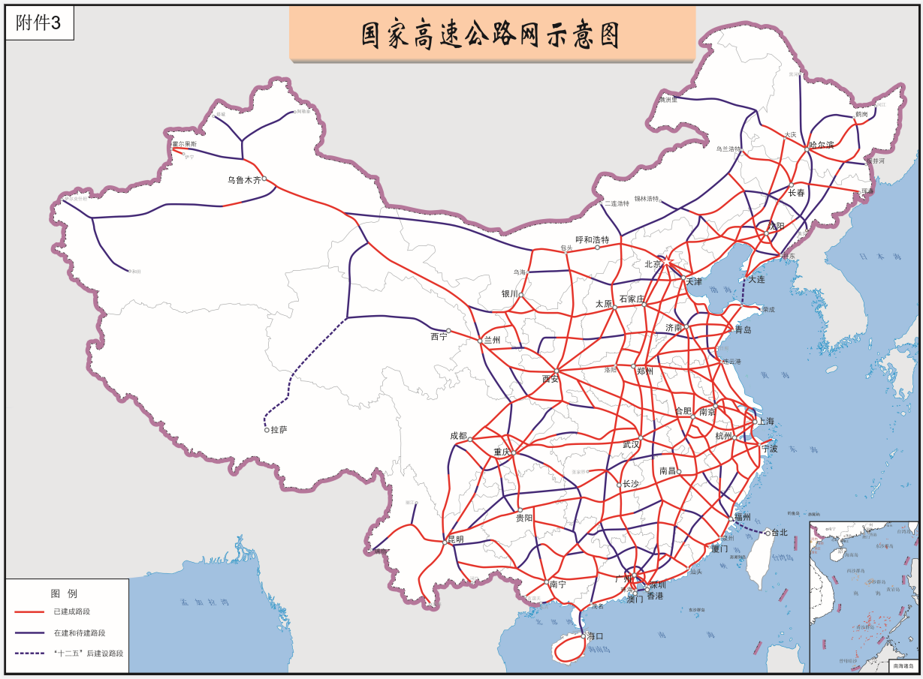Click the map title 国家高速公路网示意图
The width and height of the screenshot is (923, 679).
coord(492,35)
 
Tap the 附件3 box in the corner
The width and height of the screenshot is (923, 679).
coord(39,24)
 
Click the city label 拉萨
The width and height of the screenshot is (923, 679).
coord(279,430)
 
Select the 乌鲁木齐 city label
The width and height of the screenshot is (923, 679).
coord(244,180)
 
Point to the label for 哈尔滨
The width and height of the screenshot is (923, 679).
coord(822,144)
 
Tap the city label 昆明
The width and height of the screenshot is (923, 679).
coord(455,539)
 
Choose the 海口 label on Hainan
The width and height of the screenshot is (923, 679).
coord(596,636)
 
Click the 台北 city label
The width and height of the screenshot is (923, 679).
coord(780,533)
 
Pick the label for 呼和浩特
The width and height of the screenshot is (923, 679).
coord(593,239)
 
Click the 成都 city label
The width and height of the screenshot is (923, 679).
coord(458,436)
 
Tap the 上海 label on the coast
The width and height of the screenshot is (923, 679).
coord(766,421)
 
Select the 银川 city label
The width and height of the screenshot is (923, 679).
coord(511,294)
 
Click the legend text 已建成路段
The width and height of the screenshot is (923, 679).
coord(72,611)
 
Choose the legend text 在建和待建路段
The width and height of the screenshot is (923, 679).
coord(79,632)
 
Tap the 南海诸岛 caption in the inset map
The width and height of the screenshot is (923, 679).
coord(903,665)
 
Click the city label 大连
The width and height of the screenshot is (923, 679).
coord(756,279)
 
